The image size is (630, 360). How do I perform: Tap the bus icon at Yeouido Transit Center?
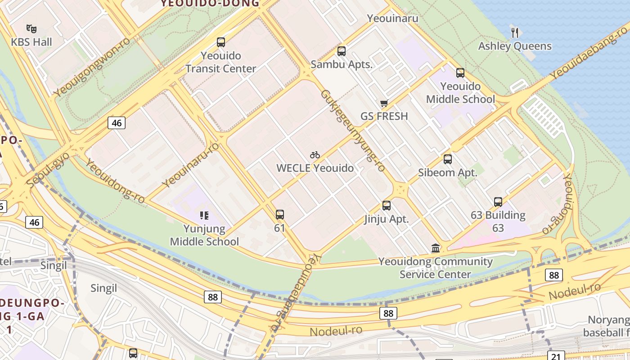pos(220,42)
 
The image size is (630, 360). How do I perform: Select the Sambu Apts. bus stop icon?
pos(342,51)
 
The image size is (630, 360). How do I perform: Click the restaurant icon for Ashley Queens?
pos(515,32)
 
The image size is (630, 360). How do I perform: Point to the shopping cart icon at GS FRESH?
pos(384,103)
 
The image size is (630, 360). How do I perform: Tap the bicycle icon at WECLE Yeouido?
pos(315,155)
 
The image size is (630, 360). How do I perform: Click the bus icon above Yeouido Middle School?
pos(460,73)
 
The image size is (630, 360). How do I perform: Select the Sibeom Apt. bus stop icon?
pos(448,159)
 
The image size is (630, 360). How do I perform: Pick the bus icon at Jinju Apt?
pos(387,206)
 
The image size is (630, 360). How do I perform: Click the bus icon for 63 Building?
pos(498,202)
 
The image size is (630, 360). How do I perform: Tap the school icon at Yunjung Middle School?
pos(204,216)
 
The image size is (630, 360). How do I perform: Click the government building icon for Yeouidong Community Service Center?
pos(436,248)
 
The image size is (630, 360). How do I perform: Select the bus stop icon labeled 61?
pos(280,215)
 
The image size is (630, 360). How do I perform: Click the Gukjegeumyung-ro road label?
pos(353,130)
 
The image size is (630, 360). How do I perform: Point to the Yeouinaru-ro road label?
pos(190,165)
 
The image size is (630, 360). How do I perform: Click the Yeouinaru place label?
pos(392,18)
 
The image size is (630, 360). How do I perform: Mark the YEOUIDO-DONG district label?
pos(210,4)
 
